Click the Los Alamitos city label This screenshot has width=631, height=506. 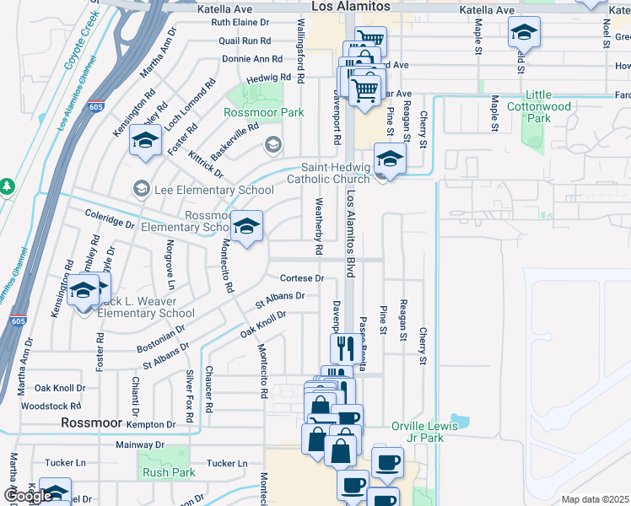coord(351,6)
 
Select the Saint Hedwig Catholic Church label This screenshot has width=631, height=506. coord(328,173)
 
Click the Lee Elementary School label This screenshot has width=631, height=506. coord(213,191)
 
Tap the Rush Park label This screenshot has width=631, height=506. coord(169,472)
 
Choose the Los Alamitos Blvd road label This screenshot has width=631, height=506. coord(351,233)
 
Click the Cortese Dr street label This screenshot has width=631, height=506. coord(302,278)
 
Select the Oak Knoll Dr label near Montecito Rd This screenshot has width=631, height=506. coord(262,324)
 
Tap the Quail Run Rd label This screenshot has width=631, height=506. coord(245,40)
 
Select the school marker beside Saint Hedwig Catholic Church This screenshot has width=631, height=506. coord(390,158)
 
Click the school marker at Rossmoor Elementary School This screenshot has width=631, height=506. coord(247,226)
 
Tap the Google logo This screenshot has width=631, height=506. coord(28,496)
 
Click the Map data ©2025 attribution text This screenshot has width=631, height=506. coord(595,499)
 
